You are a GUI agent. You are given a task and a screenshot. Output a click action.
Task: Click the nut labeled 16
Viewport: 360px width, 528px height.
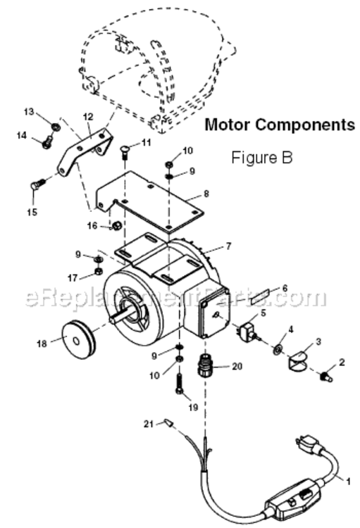(x=117, y=226)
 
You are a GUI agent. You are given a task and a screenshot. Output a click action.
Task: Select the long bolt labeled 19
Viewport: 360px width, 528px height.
(x=179, y=386)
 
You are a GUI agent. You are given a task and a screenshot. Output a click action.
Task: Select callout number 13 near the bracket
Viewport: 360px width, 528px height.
(x=29, y=112)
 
